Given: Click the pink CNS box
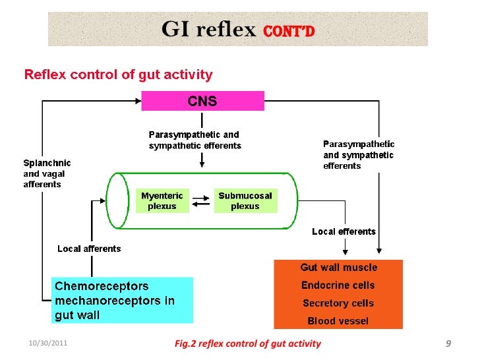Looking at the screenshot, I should tap(202, 102).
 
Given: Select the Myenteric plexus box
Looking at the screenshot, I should tap(162, 200).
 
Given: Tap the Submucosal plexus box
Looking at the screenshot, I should tap(245, 200).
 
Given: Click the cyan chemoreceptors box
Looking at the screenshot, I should tap(122, 300).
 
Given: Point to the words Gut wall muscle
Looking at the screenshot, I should tap(338, 267).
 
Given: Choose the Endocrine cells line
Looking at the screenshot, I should tap(338, 285).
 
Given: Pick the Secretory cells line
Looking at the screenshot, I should tap(338, 303).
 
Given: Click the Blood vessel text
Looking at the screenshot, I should tap(338, 321).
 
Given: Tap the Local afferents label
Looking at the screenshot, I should tap(89, 249).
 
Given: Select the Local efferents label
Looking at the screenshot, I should tap(344, 231).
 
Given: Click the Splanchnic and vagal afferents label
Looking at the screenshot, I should tap(47, 173).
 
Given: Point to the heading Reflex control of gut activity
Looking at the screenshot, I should tap(119, 75).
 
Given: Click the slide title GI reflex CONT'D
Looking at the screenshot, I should tap(237, 30).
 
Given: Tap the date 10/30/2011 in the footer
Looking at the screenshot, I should tap(47, 344).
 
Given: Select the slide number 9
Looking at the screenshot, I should tap(448, 344).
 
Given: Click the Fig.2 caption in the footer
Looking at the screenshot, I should tap(247, 344).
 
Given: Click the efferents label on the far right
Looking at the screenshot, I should tap(359, 155).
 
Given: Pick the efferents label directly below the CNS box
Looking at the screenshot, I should tap(195, 140).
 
